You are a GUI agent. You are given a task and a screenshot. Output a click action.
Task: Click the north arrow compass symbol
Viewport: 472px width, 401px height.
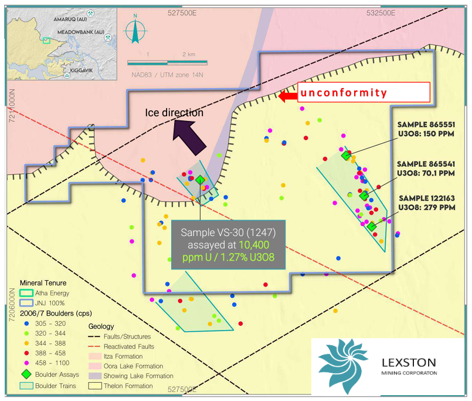pyautogui.click(x=135, y=29)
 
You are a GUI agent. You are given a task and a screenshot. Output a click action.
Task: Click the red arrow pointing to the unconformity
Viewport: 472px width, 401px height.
pyautogui.click(x=288, y=96)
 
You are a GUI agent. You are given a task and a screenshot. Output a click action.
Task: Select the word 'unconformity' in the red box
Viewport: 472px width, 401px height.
pyautogui.click(x=344, y=93)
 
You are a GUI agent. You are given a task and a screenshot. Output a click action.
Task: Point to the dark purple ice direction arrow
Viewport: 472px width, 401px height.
pyautogui.click(x=189, y=137)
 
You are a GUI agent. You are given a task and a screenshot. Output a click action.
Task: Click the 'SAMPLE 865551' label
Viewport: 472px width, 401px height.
pyautogui.click(x=426, y=124)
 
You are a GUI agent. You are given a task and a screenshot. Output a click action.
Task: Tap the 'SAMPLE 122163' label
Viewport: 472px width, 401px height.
pyautogui.click(x=427, y=198)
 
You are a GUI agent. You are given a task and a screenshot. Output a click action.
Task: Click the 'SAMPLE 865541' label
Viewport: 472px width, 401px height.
pyautogui.click(x=426, y=164)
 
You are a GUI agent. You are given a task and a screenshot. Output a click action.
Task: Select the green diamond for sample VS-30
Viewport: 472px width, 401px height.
pyautogui.click(x=200, y=180)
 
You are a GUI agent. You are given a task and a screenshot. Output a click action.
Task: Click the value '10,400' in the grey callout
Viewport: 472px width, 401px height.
pyautogui.click(x=254, y=245)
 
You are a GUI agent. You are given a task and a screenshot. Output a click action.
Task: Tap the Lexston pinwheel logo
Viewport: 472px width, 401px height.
pyautogui.click(x=343, y=366)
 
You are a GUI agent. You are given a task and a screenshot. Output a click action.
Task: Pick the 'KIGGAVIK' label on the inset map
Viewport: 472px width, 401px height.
pyautogui.click(x=82, y=70)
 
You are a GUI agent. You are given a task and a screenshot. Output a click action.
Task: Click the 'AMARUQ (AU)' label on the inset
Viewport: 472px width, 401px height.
pyautogui.click(x=70, y=19)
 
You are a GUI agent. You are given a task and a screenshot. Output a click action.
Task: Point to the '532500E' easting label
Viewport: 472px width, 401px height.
pyautogui.click(x=381, y=13)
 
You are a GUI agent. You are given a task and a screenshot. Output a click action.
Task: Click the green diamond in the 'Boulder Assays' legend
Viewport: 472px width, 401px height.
pyautogui.click(x=26, y=374)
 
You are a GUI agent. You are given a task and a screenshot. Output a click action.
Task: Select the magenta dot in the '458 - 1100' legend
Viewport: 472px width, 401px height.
pyautogui.click(x=26, y=363)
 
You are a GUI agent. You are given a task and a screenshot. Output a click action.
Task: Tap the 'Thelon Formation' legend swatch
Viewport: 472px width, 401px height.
pyautogui.click(x=95, y=386)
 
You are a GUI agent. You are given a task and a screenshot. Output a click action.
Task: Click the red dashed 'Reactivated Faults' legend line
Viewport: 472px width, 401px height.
pyautogui.click(x=94, y=346)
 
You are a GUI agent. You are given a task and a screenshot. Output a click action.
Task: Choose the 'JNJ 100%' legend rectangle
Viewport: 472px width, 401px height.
pyautogui.click(x=26, y=303)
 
